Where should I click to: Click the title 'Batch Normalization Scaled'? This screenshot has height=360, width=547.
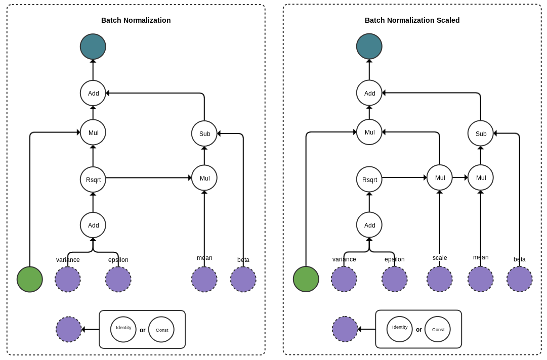(412, 20)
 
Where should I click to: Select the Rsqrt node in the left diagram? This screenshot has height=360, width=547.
(93, 179)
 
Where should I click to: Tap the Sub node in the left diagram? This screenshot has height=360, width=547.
(204, 133)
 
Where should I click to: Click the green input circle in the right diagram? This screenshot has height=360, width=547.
(306, 279)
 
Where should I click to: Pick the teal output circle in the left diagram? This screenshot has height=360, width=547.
(93, 47)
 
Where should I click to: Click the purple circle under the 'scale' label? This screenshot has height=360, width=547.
(440, 279)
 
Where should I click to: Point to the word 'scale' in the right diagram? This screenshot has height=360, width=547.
(440, 258)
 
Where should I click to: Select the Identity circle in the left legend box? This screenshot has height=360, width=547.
(123, 329)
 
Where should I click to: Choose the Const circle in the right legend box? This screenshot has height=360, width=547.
(438, 329)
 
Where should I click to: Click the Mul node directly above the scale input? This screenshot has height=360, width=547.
(440, 177)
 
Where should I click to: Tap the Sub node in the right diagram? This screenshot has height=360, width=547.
(481, 133)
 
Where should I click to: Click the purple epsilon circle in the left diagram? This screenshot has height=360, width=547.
(118, 280)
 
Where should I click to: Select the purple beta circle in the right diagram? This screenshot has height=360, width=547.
(520, 279)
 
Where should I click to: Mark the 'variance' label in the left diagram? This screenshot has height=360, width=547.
(68, 260)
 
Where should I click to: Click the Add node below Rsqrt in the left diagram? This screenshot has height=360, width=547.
(93, 225)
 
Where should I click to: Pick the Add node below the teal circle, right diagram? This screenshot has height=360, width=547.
(369, 93)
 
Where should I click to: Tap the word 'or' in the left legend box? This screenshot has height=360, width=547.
(143, 330)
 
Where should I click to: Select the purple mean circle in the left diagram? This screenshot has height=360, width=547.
(204, 280)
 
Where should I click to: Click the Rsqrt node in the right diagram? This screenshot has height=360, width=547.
(369, 179)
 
